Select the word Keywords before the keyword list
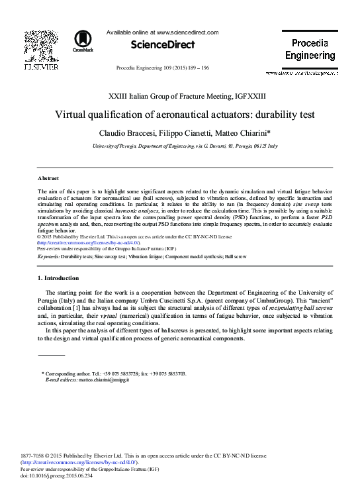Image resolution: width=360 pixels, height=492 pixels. (50, 255)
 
